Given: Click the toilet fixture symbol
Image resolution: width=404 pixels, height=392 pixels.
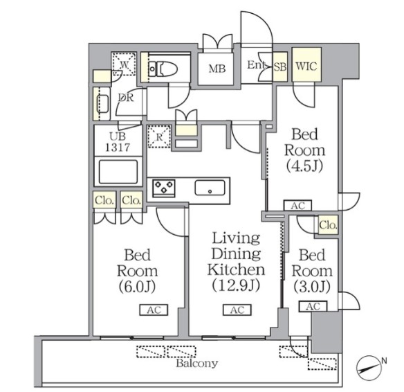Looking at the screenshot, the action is [163, 69].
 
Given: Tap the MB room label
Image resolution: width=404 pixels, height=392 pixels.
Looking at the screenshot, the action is [217, 69].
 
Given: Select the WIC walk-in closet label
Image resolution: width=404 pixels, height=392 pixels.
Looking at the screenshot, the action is [306, 66].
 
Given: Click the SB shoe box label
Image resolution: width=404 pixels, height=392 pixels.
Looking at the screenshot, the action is [279, 67].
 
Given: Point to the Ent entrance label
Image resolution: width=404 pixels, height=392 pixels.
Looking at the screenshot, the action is [256, 64].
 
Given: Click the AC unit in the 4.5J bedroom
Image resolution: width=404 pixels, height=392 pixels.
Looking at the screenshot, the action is [298, 206].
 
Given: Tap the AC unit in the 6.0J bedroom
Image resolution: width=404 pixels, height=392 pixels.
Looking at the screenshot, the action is [154, 310].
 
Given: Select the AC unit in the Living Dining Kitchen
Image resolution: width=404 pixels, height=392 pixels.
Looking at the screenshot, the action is [237, 310].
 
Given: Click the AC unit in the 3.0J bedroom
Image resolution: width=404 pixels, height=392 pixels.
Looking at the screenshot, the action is [313, 306].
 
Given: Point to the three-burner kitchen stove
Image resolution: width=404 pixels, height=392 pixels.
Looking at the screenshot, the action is [164, 188].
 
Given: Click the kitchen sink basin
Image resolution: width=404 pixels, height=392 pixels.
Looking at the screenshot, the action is [210, 188].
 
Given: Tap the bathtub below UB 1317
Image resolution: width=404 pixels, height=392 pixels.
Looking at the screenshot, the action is [118, 172].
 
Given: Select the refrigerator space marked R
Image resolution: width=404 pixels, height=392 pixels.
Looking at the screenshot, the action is [160, 136].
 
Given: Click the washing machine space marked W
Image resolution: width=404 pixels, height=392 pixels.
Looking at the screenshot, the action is [124, 64].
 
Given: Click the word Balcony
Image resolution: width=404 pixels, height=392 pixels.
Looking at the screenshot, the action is [197, 364].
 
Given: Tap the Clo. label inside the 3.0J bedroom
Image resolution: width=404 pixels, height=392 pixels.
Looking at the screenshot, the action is [328, 225].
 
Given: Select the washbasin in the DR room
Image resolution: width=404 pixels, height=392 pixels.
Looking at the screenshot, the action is [102, 104].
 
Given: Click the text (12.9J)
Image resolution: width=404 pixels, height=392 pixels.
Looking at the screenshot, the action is [236, 285].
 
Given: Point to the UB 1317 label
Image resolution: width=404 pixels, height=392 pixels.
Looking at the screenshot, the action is [118, 142].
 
